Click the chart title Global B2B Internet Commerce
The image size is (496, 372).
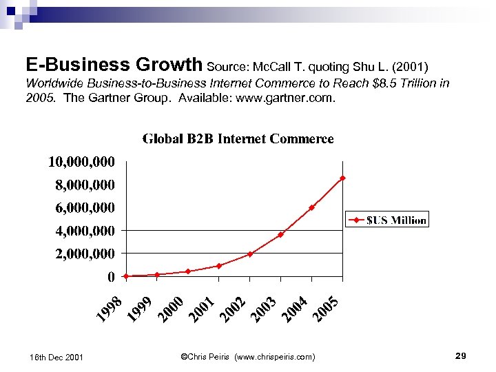point(238,139)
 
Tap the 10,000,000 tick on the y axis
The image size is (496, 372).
point(81,162)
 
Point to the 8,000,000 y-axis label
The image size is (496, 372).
point(85,185)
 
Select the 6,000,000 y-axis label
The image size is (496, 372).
point(85,207)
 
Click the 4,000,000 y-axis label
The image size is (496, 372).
point(85,231)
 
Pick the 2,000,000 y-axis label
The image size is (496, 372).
point(85,254)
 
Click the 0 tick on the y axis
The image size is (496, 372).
point(110,277)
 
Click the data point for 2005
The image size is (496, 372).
point(342,178)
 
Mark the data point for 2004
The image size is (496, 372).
point(311,207)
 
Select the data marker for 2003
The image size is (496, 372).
point(280,234)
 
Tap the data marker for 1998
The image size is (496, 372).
point(126,276)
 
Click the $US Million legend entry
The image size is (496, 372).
point(387,220)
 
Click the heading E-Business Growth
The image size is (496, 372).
point(114,65)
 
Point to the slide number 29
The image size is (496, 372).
point(461,355)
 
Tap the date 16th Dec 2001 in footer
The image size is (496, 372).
point(56,357)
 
